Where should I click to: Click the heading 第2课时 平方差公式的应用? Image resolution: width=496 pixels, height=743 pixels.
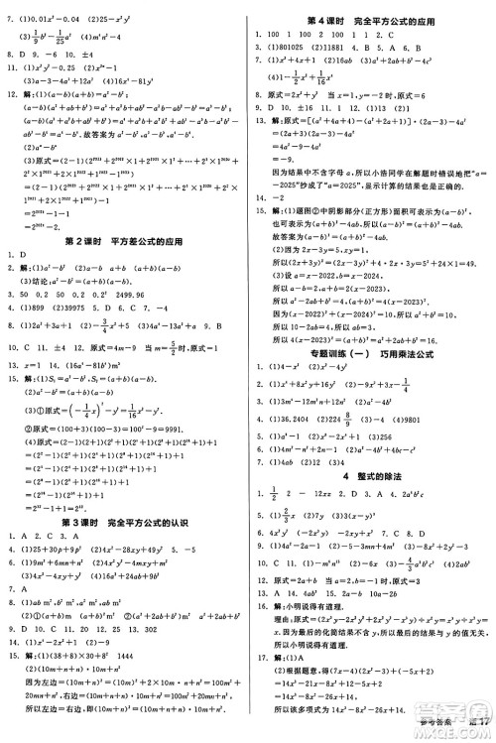click(x=124, y=240)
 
